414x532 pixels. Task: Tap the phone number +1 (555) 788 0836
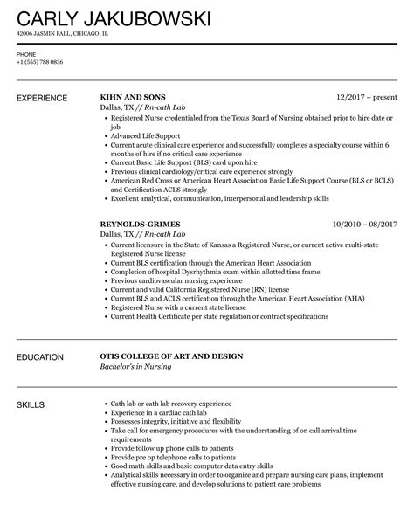pyautogui.click(x=39, y=63)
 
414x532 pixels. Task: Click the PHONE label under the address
pyautogui.click(x=26, y=54)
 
